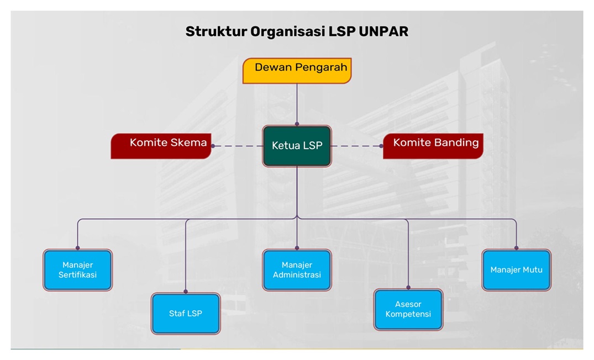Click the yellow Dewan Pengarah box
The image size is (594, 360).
pyautogui.click(x=297, y=71)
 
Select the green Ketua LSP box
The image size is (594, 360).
pyautogui.click(x=297, y=146)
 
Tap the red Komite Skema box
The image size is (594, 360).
pyautogui.click(x=161, y=146)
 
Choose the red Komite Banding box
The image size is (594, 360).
pyautogui.click(x=433, y=146)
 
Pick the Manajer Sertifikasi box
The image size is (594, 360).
pyautogui.click(x=77, y=270)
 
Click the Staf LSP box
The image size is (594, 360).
pyautogui.click(x=186, y=314)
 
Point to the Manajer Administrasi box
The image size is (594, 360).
pyautogui.click(x=297, y=270)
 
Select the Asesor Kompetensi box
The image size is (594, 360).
pyautogui.click(x=408, y=310)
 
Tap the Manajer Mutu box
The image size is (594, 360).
pyautogui.click(x=516, y=270)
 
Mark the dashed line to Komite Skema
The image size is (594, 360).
pyautogui.click(x=238, y=146)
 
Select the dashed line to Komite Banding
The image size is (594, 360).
pyautogui.click(x=356, y=146)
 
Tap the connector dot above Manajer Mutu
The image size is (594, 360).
pyautogui.click(x=516, y=248)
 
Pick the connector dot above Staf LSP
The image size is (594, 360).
pyautogui.click(x=186, y=292)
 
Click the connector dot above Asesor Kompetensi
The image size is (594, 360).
pyautogui.click(x=408, y=287)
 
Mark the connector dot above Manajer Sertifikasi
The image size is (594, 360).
pyautogui.click(x=77, y=248)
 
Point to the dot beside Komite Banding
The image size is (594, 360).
pyautogui.click(x=381, y=146)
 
